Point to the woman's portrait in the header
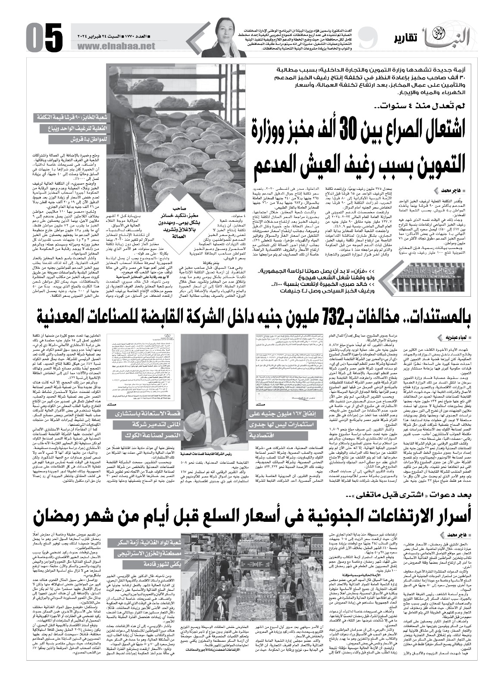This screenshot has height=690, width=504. (x=224, y=37)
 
